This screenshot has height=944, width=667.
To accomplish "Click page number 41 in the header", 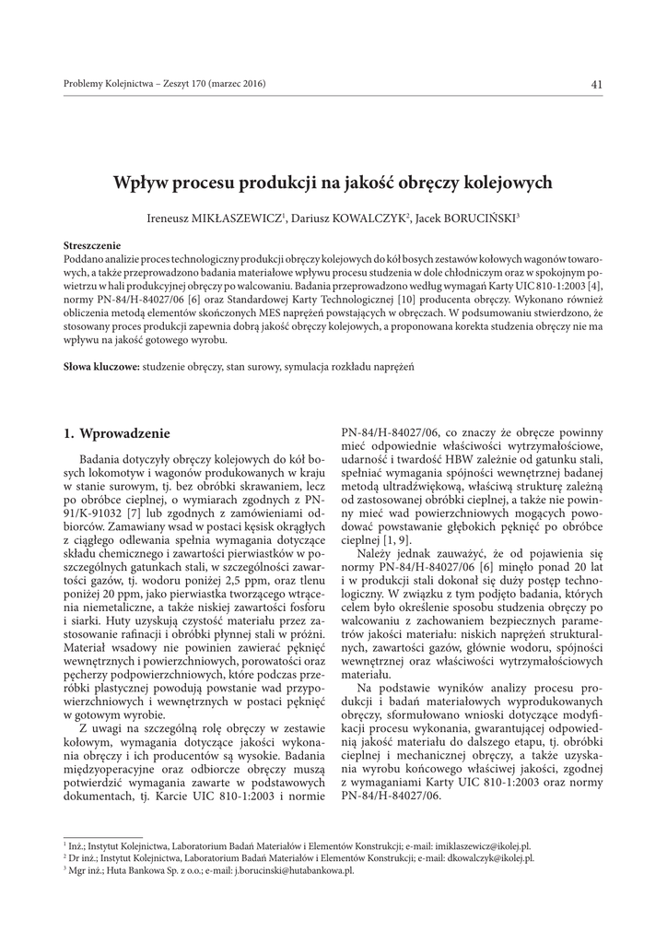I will coord(597,86).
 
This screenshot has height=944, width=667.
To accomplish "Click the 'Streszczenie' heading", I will coord(92,246).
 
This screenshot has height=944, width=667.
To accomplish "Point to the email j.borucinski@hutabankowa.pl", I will coord(295,870).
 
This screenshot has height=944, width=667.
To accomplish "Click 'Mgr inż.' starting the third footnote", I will coord(82,870).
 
